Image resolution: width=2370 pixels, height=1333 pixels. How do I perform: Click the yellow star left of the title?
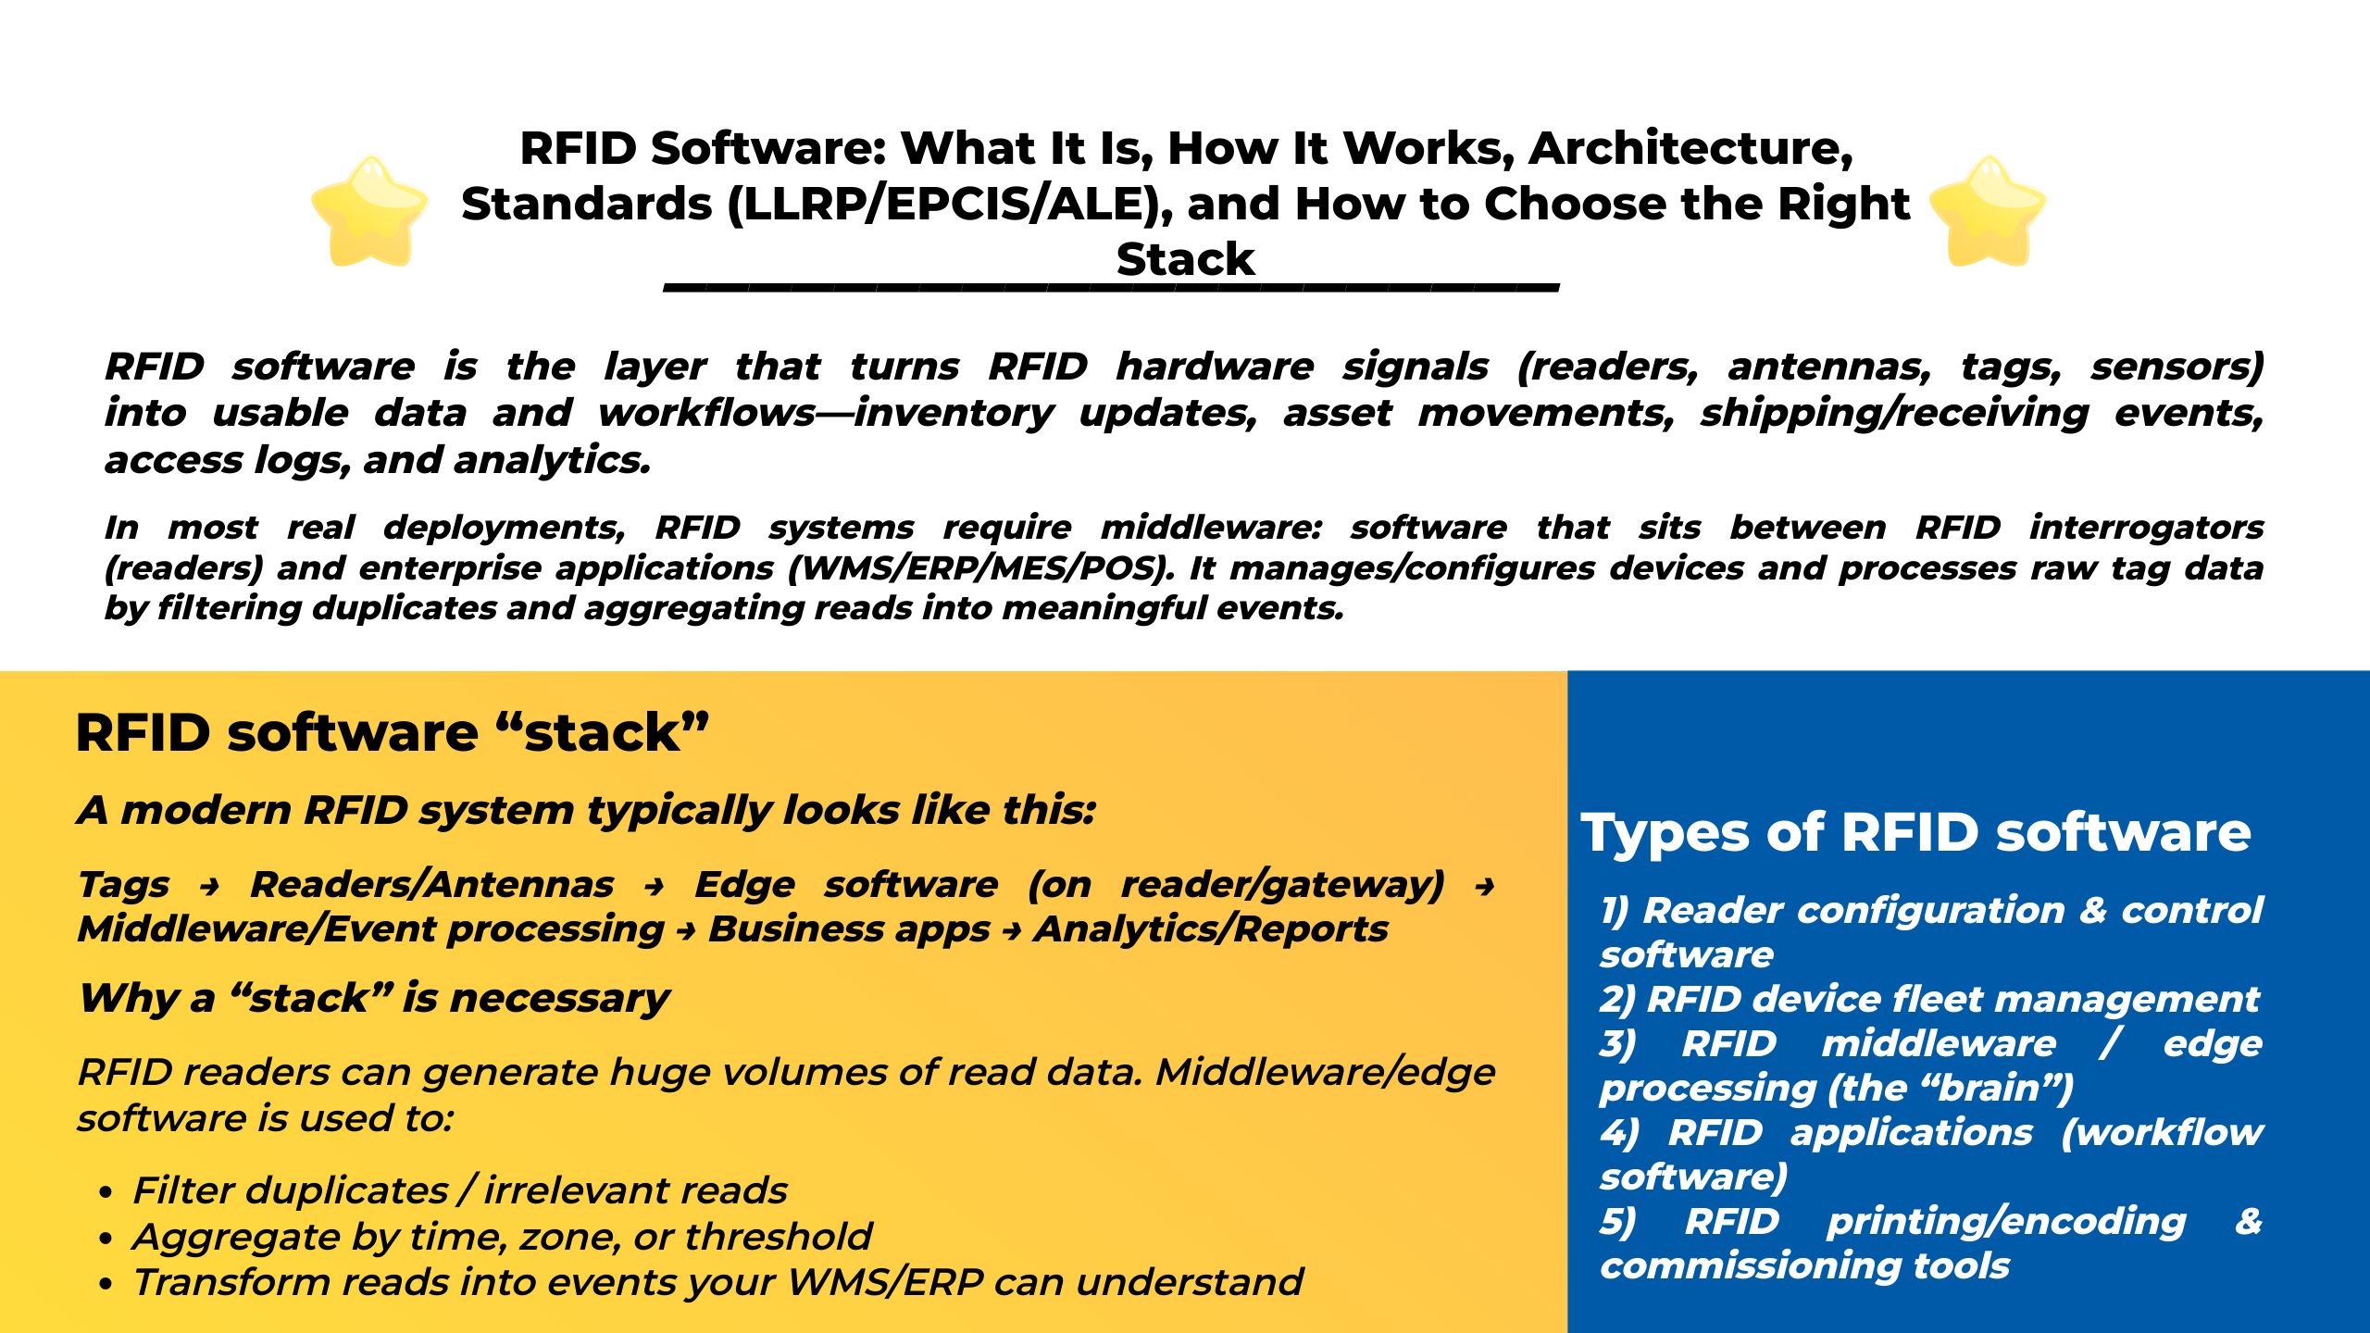pos(370,211)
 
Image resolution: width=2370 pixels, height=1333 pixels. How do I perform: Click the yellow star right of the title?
pos(1988,211)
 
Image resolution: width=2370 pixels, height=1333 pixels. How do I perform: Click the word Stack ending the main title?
pos(1185,259)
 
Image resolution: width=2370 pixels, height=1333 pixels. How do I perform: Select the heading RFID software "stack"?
pos(393,732)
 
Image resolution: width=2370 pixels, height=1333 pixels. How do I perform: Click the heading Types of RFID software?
pos(1915,831)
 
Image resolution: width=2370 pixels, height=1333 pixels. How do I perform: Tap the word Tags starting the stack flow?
pos(124,885)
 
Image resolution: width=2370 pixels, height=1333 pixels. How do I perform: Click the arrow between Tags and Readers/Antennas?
pos(210,887)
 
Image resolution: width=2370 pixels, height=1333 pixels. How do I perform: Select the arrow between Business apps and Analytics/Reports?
pos(1012,931)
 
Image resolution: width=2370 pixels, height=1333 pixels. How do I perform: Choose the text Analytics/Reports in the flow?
pos(1211,928)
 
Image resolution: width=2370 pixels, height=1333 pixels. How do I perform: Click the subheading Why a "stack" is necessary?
pos(374,998)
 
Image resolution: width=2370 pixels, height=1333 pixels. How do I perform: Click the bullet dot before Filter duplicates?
pos(107,1192)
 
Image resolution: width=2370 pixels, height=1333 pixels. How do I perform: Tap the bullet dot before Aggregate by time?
pos(107,1239)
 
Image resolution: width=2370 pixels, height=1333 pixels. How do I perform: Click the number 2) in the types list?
pos(1617,1000)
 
